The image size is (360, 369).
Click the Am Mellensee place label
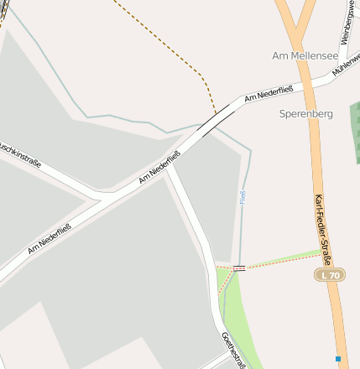pos(305,55)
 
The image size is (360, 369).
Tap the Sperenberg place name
pos(305,112)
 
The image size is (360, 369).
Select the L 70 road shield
pos(330,275)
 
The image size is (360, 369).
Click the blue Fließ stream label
pos(243,199)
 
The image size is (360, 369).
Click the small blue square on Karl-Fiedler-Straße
pos(338,358)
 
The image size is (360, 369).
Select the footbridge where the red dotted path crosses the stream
pos(240,268)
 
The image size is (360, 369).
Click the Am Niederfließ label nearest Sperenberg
pos(268,93)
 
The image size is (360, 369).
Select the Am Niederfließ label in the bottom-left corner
pos(49,237)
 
